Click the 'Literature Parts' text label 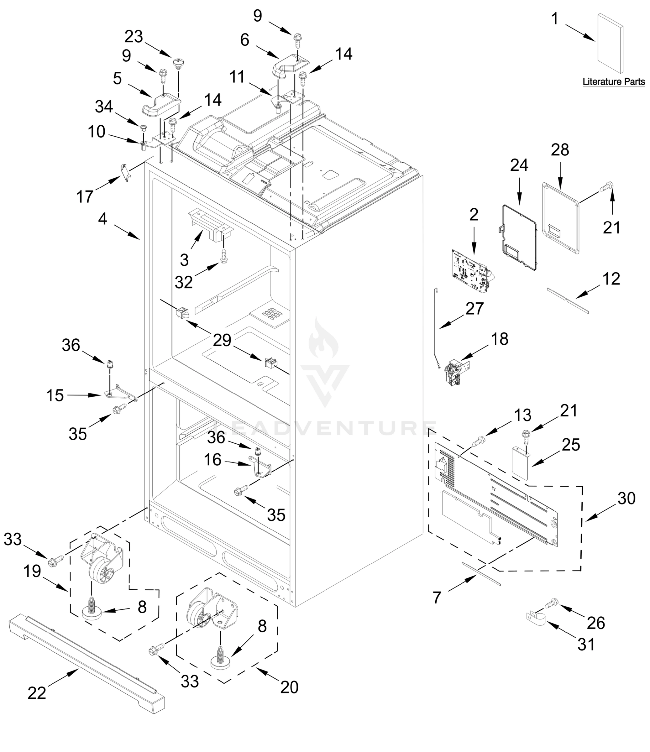[x=614, y=82]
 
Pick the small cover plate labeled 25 [x=520, y=463]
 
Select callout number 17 [x=85, y=197]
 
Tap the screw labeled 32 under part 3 [x=224, y=257]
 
